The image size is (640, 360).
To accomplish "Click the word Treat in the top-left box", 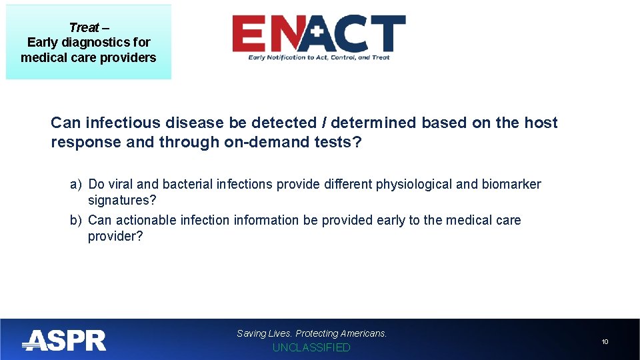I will [x=83, y=27].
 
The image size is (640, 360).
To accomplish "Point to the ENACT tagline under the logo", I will [x=319, y=58].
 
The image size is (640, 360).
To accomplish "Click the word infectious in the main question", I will [x=120, y=123].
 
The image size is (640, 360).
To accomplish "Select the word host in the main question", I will [x=541, y=123].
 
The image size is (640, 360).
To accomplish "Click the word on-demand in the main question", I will [x=255, y=142].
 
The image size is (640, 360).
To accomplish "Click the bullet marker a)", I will [x=76, y=185].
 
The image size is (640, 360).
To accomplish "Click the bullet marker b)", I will [x=76, y=221].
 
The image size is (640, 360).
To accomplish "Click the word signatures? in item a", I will [x=122, y=201].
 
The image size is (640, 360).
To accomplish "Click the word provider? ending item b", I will [x=115, y=237].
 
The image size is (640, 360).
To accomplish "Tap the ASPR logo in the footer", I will [x=64, y=341].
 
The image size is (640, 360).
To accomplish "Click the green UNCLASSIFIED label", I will [x=311, y=348].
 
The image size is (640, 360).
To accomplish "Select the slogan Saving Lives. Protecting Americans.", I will [x=311, y=333].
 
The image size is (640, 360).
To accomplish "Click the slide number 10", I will [x=605, y=342].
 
